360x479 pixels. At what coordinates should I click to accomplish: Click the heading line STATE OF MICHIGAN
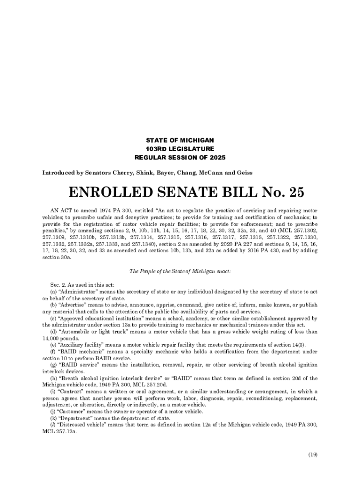click(180, 140)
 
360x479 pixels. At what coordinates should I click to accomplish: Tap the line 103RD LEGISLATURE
click(180, 149)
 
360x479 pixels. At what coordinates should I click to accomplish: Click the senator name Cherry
click(124, 173)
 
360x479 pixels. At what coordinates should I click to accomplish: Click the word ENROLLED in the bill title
click(112, 192)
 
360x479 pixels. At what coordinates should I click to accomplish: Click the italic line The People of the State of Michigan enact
click(180, 271)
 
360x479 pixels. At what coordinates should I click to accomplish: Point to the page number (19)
click(313, 454)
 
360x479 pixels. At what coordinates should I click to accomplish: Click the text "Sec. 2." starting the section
click(58, 285)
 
